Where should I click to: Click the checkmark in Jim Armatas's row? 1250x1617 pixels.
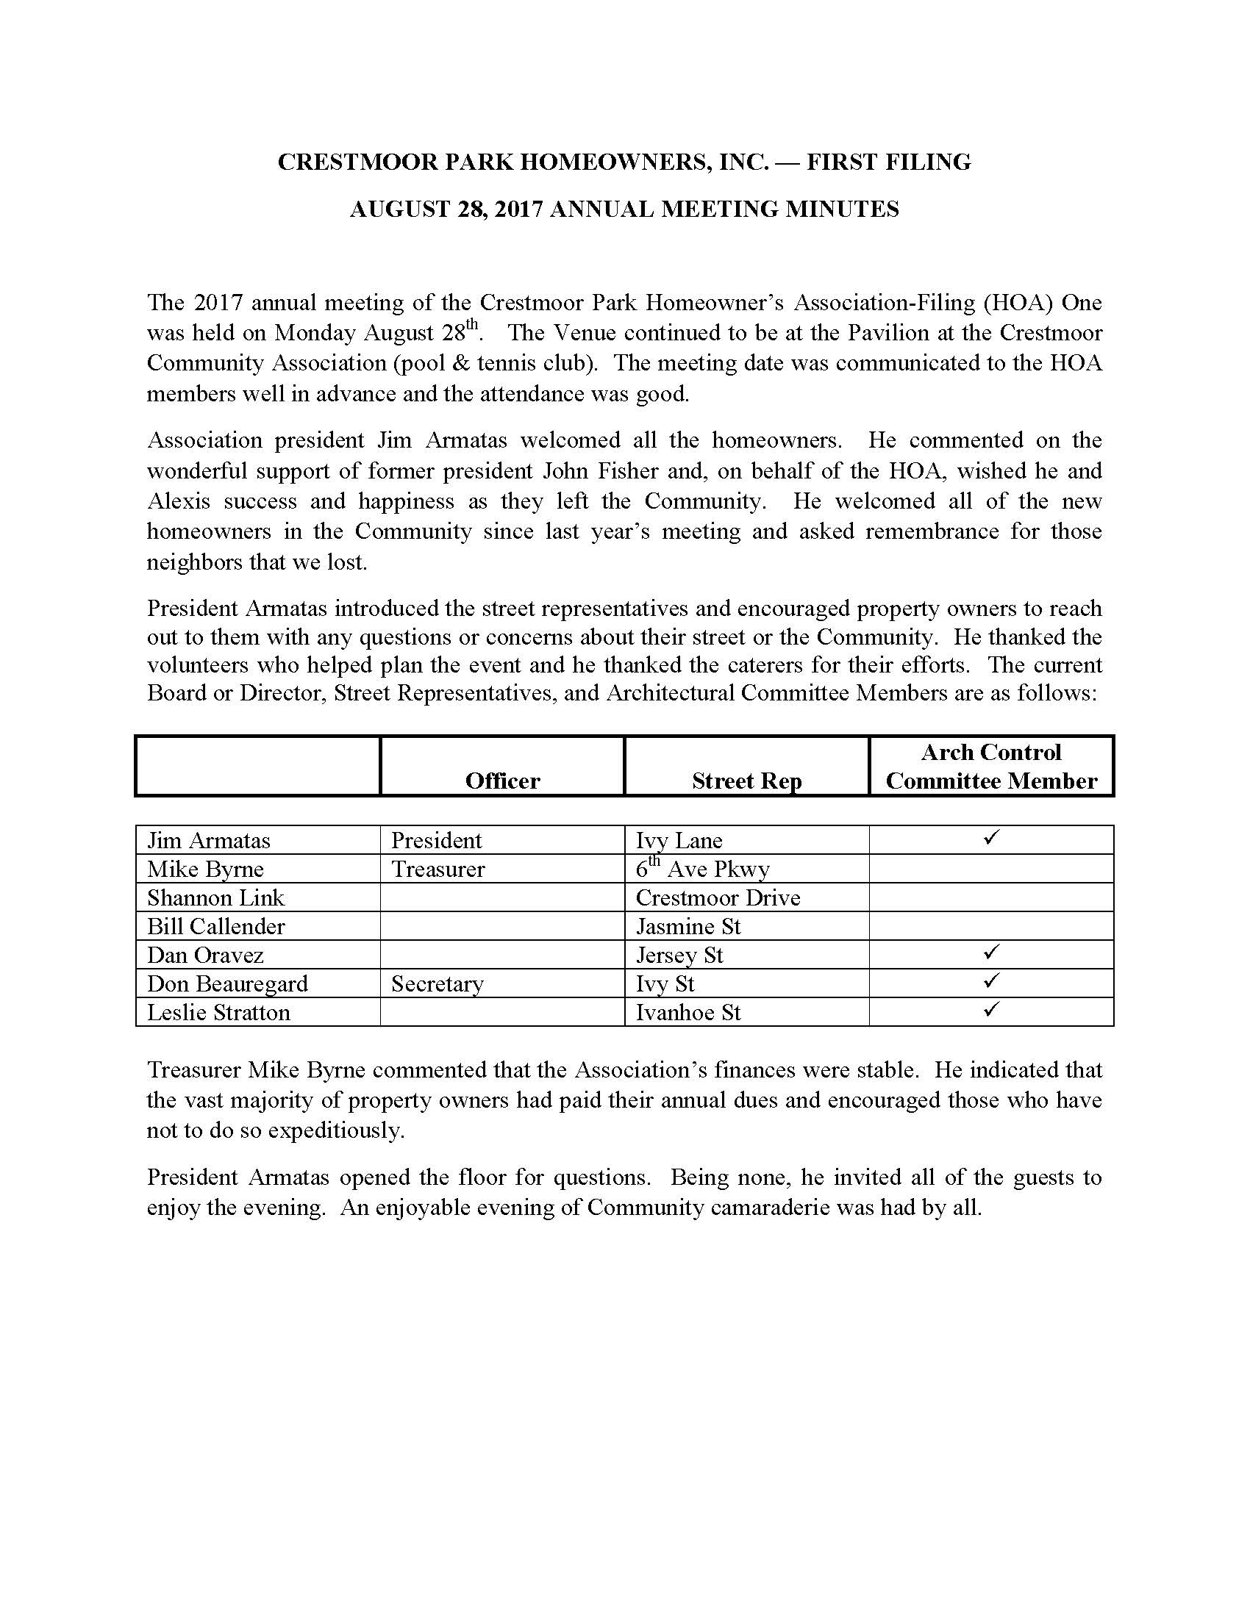[992, 838]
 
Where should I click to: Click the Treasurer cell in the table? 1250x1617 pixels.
[438, 870]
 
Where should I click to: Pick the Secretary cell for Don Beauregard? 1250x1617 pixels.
[437, 984]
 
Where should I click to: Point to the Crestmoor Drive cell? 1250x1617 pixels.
[718, 898]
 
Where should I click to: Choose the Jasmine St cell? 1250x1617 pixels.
[688, 926]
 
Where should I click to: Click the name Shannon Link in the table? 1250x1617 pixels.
[215, 898]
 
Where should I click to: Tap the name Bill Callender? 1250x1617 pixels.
[215, 926]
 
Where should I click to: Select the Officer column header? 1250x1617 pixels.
[502, 781]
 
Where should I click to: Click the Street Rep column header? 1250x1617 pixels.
[746, 781]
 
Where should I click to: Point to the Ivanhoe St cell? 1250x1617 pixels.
[688, 1012]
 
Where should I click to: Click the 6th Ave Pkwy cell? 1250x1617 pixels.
[702, 870]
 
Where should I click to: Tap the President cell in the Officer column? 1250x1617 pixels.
[436, 841]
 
